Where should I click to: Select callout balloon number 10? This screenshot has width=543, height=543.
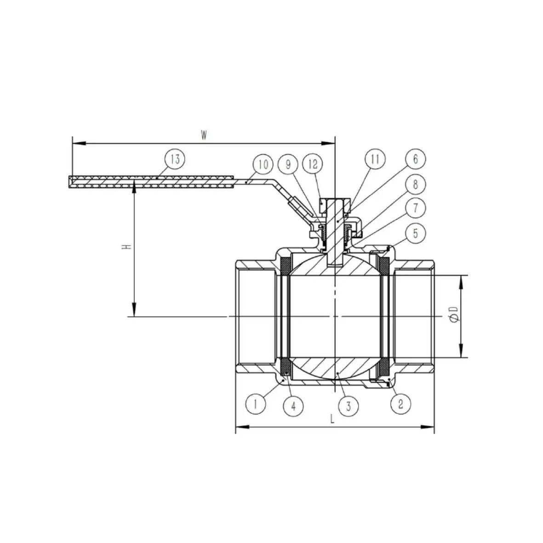263,165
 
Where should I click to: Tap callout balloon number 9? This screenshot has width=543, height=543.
288,165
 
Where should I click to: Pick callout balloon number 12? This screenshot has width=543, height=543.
313,165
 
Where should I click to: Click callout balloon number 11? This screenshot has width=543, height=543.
375,159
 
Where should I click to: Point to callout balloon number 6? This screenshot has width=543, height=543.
415,159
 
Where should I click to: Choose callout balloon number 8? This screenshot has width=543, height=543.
415,185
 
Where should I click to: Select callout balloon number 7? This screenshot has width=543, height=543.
415,208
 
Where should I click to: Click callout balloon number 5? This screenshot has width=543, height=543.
415,233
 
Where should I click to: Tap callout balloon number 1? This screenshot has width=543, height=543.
256,404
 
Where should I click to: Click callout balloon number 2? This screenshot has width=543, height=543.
400,404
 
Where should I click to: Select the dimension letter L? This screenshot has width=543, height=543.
332,419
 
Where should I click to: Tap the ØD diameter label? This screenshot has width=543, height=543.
454,316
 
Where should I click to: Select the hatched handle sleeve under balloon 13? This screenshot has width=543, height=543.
152,181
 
